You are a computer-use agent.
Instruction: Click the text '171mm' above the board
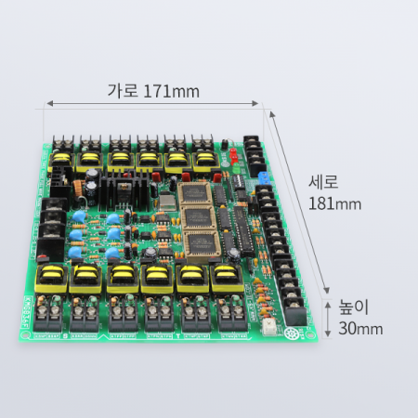coord(171,91)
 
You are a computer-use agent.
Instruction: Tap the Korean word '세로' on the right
coord(323,182)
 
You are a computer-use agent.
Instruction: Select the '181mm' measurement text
coord(334,203)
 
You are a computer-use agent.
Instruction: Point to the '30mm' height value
coord(360,329)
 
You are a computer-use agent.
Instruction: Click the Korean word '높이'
coord(354,307)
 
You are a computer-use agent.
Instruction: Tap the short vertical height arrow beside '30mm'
coord(328,320)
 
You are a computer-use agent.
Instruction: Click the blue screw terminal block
coord(264,178)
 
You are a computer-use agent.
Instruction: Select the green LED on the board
coord(237,168)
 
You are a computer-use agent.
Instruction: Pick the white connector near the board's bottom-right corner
coord(268,326)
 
